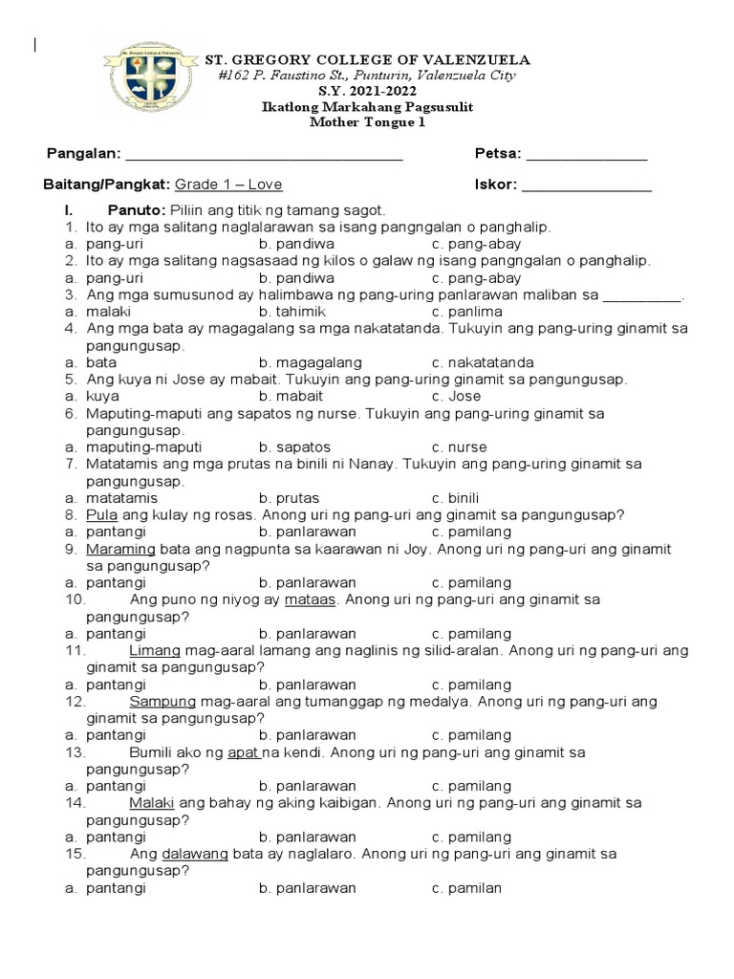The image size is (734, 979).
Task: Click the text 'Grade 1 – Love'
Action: pyautogui.click(x=228, y=185)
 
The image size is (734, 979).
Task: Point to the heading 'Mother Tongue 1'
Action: pyautogui.click(x=367, y=121)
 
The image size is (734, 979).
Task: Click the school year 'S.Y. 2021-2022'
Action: pyautogui.click(x=367, y=92)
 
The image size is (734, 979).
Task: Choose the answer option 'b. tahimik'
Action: pyautogui.click(x=291, y=312)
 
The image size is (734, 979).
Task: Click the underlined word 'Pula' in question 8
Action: pyautogui.click(x=101, y=514)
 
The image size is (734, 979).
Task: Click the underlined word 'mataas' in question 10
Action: pyautogui.click(x=309, y=599)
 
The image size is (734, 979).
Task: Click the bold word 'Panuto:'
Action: pyautogui.click(x=138, y=209)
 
